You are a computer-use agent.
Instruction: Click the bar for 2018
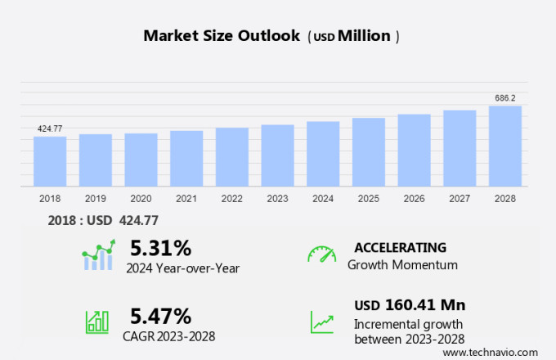coord(50,161)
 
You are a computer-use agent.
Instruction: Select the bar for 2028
coord(505,146)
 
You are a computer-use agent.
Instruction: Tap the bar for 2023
coord(278,155)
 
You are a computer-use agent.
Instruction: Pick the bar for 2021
coord(186,159)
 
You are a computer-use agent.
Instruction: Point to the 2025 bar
coord(369,152)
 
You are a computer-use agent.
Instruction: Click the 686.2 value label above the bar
coord(505,98)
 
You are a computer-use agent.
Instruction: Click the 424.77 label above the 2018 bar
coord(50,128)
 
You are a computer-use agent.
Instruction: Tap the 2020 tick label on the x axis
coord(141,198)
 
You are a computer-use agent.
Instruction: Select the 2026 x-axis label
coord(414,198)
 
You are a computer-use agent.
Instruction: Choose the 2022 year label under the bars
coord(231,198)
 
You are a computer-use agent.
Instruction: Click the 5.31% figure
coord(161,248)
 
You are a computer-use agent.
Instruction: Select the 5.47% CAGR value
coord(161,316)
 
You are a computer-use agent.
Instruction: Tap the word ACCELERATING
coord(400,248)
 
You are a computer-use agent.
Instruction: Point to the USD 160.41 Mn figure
coord(410,305)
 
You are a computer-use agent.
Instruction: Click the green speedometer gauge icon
coord(321,254)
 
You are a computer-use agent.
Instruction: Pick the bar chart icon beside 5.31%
coord(97,256)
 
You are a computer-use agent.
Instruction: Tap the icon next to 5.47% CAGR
coord(97,322)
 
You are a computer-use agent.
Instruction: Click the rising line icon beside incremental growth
coord(321,322)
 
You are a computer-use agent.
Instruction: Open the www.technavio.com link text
coord(495,352)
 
